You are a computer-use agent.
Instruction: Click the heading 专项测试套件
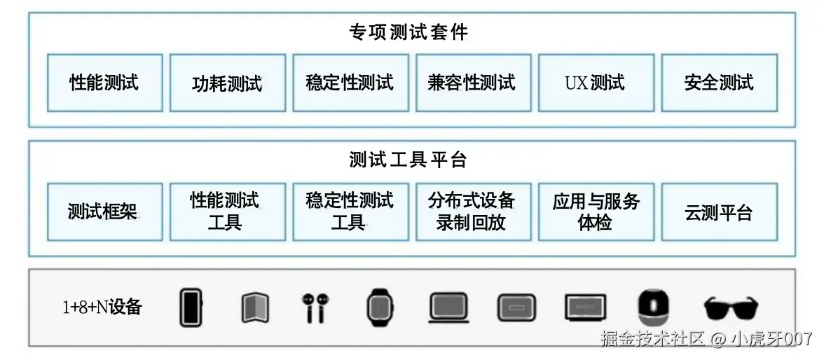click(408, 32)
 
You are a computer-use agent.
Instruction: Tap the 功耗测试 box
click(227, 83)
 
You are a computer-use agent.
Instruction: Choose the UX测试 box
click(595, 83)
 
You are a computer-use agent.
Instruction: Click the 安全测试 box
click(719, 83)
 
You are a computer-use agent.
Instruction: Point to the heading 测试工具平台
click(408, 160)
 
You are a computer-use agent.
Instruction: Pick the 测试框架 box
click(104, 212)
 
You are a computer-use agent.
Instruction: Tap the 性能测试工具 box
click(227, 212)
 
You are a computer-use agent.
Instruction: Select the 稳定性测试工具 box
click(350, 212)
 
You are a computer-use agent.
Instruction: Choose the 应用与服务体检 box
click(595, 212)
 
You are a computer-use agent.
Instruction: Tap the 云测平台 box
click(719, 212)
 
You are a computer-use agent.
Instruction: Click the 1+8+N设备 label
click(102, 307)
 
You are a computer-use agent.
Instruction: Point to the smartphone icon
click(190, 307)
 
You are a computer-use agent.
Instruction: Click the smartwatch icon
click(379, 307)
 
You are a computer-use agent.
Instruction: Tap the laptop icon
click(448, 307)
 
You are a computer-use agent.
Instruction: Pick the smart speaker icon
click(652, 307)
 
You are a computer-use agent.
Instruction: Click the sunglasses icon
click(731, 307)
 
